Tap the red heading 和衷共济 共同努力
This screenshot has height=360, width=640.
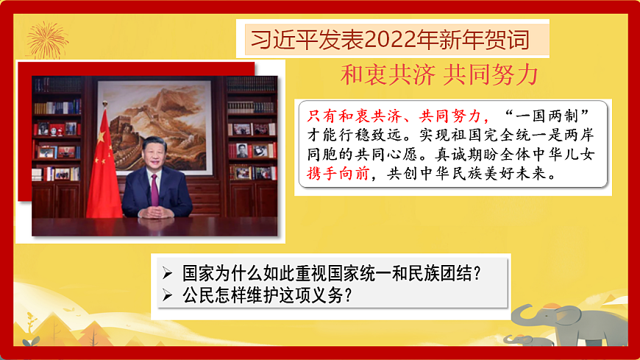click(x=439, y=74)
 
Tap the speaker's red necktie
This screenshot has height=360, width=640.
click(x=154, y=188)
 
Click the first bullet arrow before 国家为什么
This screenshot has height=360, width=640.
click(x=168, y=274)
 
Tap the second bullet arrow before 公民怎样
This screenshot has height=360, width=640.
click(x=168, y=296)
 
